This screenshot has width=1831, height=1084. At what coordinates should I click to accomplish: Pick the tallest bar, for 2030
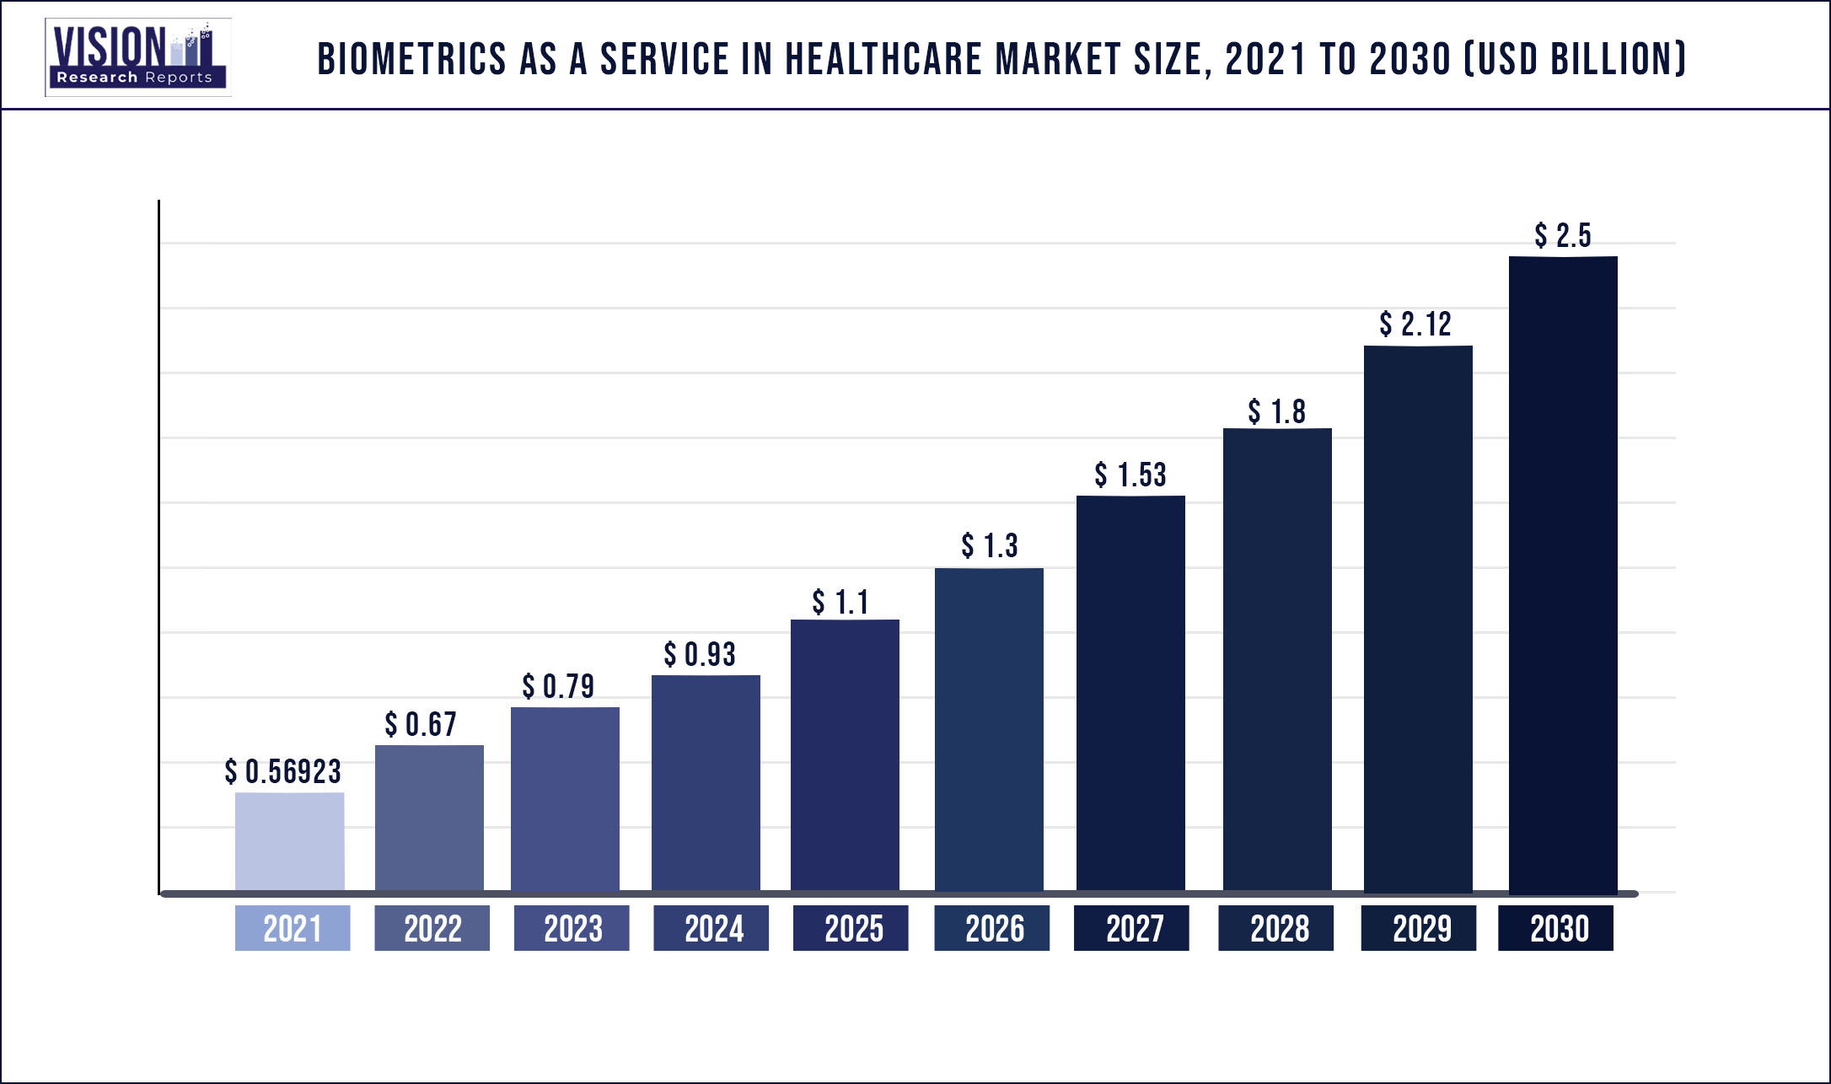pos(1563,573)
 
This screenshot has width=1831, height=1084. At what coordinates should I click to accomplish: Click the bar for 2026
pos(989,729)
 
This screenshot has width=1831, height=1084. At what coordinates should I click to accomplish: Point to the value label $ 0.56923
pos(283,771)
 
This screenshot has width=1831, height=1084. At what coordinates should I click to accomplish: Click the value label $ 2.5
pos(1563,235)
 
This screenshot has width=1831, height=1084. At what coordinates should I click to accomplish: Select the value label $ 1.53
pos(1130,475)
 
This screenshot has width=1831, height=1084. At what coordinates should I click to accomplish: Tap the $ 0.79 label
pos(558,686)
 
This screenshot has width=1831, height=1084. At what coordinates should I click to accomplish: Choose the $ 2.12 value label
pos(1415,324)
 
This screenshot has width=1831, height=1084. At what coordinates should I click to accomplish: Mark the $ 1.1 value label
pos(840,602)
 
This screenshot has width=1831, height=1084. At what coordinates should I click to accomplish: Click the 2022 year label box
pos(432,928)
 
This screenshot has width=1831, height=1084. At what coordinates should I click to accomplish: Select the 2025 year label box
pos(851,928)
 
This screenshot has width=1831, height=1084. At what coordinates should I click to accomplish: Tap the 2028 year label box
pos(1275,928)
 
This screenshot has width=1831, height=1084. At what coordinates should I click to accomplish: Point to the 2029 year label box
pos(1418,928)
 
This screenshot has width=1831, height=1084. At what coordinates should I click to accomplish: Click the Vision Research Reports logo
pos(138,56)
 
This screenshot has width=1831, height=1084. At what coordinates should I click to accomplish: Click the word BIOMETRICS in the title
pos(411,59)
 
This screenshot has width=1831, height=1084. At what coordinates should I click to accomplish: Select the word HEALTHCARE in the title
pos(883,59)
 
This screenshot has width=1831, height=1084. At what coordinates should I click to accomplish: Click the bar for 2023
pos(565,798)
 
